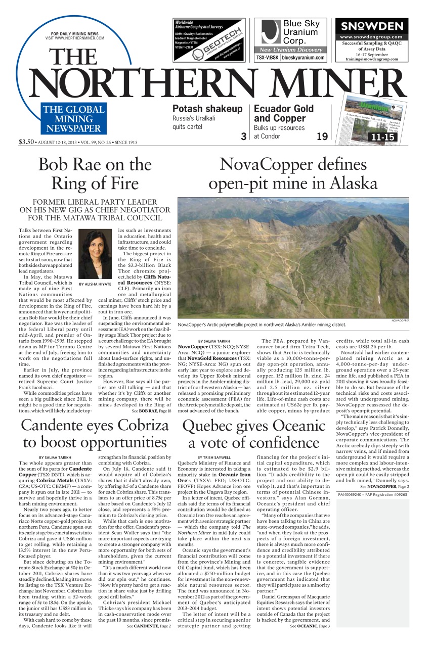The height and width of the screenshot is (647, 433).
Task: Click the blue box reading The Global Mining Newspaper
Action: coord(74,119)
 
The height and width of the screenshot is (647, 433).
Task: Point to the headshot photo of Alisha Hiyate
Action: coord(95,255)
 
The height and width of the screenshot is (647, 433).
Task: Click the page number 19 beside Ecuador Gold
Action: coord(322,136)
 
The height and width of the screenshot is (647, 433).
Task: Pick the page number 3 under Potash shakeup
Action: coord(243,136)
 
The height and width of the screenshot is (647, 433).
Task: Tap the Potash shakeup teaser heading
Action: coord(207,109)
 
